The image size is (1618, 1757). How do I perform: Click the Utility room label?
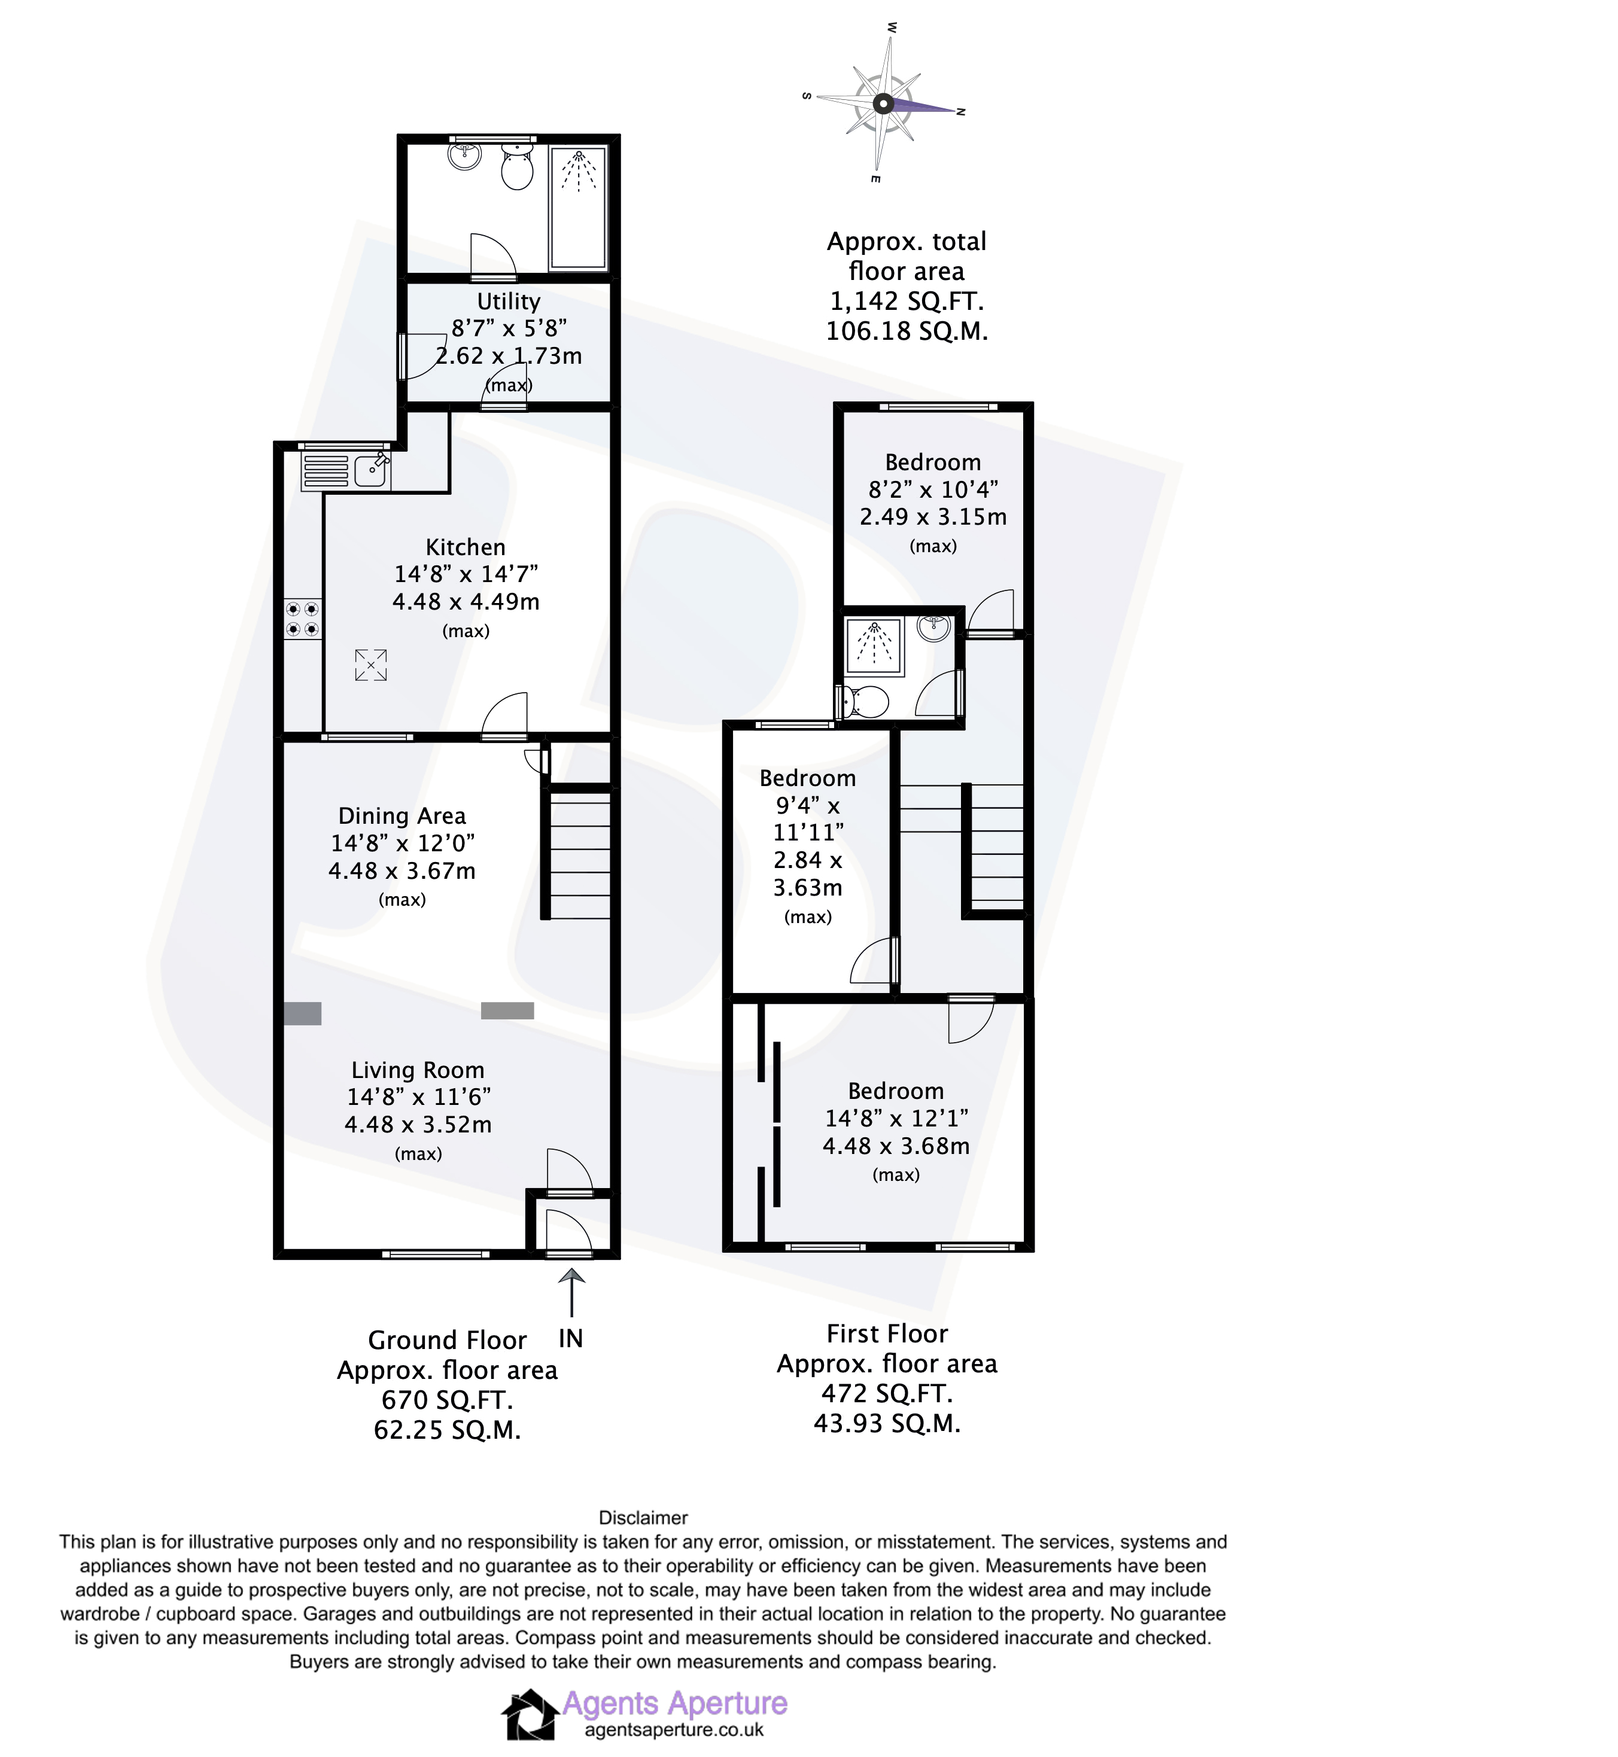[x=509, y=301]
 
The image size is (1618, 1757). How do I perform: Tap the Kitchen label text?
[x=466, y=547]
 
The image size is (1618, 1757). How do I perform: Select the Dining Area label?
[x=402, y=816]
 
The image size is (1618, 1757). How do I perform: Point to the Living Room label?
[x=418, y=1070]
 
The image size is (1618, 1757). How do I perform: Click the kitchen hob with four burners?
[x=302, y=619]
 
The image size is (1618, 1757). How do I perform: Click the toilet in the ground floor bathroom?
[x=518, y=166]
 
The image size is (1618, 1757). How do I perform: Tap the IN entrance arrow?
[x=571, y=1292]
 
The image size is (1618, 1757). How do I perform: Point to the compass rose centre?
[x=883, y=103]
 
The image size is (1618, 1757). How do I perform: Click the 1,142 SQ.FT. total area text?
[x=907, y=301]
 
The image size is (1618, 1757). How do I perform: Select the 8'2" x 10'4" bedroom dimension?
[x=933, y=489]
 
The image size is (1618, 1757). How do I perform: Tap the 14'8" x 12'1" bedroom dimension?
[x=896, y=1118]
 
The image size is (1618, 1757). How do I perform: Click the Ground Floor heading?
[x=448, y=1340]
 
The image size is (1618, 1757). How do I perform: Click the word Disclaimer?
[x=643, y=1518]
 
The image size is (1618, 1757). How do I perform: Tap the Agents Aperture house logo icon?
[x=530, y=1714]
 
